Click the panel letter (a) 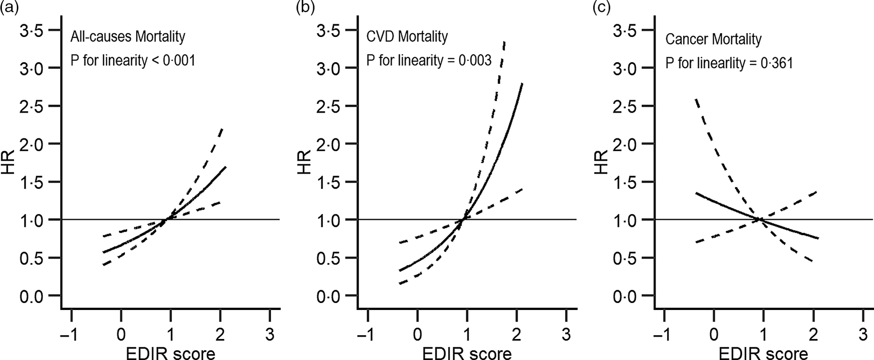(x=9, y=8)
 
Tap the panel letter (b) (x=305, y=8)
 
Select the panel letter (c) (x=602, y=8)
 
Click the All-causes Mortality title (x=128, y=37)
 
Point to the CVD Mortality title (x=407, y=37)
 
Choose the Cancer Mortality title (x=713, y=39)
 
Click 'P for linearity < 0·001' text (x=132, y=60)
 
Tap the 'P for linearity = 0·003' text (x=429, y=60)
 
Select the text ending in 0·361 (x=729, y=63)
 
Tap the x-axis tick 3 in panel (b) (x=566, y=335)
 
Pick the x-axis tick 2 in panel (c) (x=813, y=335)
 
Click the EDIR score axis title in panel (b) (x=467, y=353)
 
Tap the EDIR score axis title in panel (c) (x=763, y=353)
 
